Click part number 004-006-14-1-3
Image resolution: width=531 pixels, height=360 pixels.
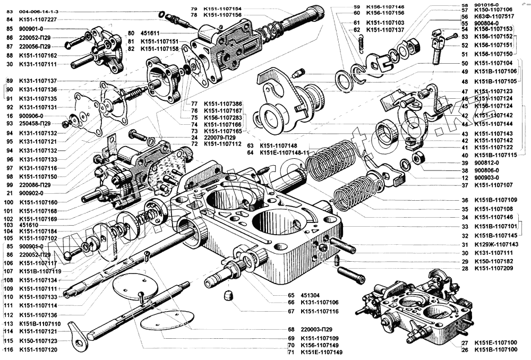[40, 11]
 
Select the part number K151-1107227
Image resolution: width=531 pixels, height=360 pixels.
[38, 20]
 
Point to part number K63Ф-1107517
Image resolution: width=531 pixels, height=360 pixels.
[493, 17]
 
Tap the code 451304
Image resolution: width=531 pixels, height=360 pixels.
[311, 295]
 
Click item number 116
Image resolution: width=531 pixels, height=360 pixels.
[7, 350]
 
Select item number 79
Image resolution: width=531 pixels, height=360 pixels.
[194, 9]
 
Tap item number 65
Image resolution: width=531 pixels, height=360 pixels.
[290, 295]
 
